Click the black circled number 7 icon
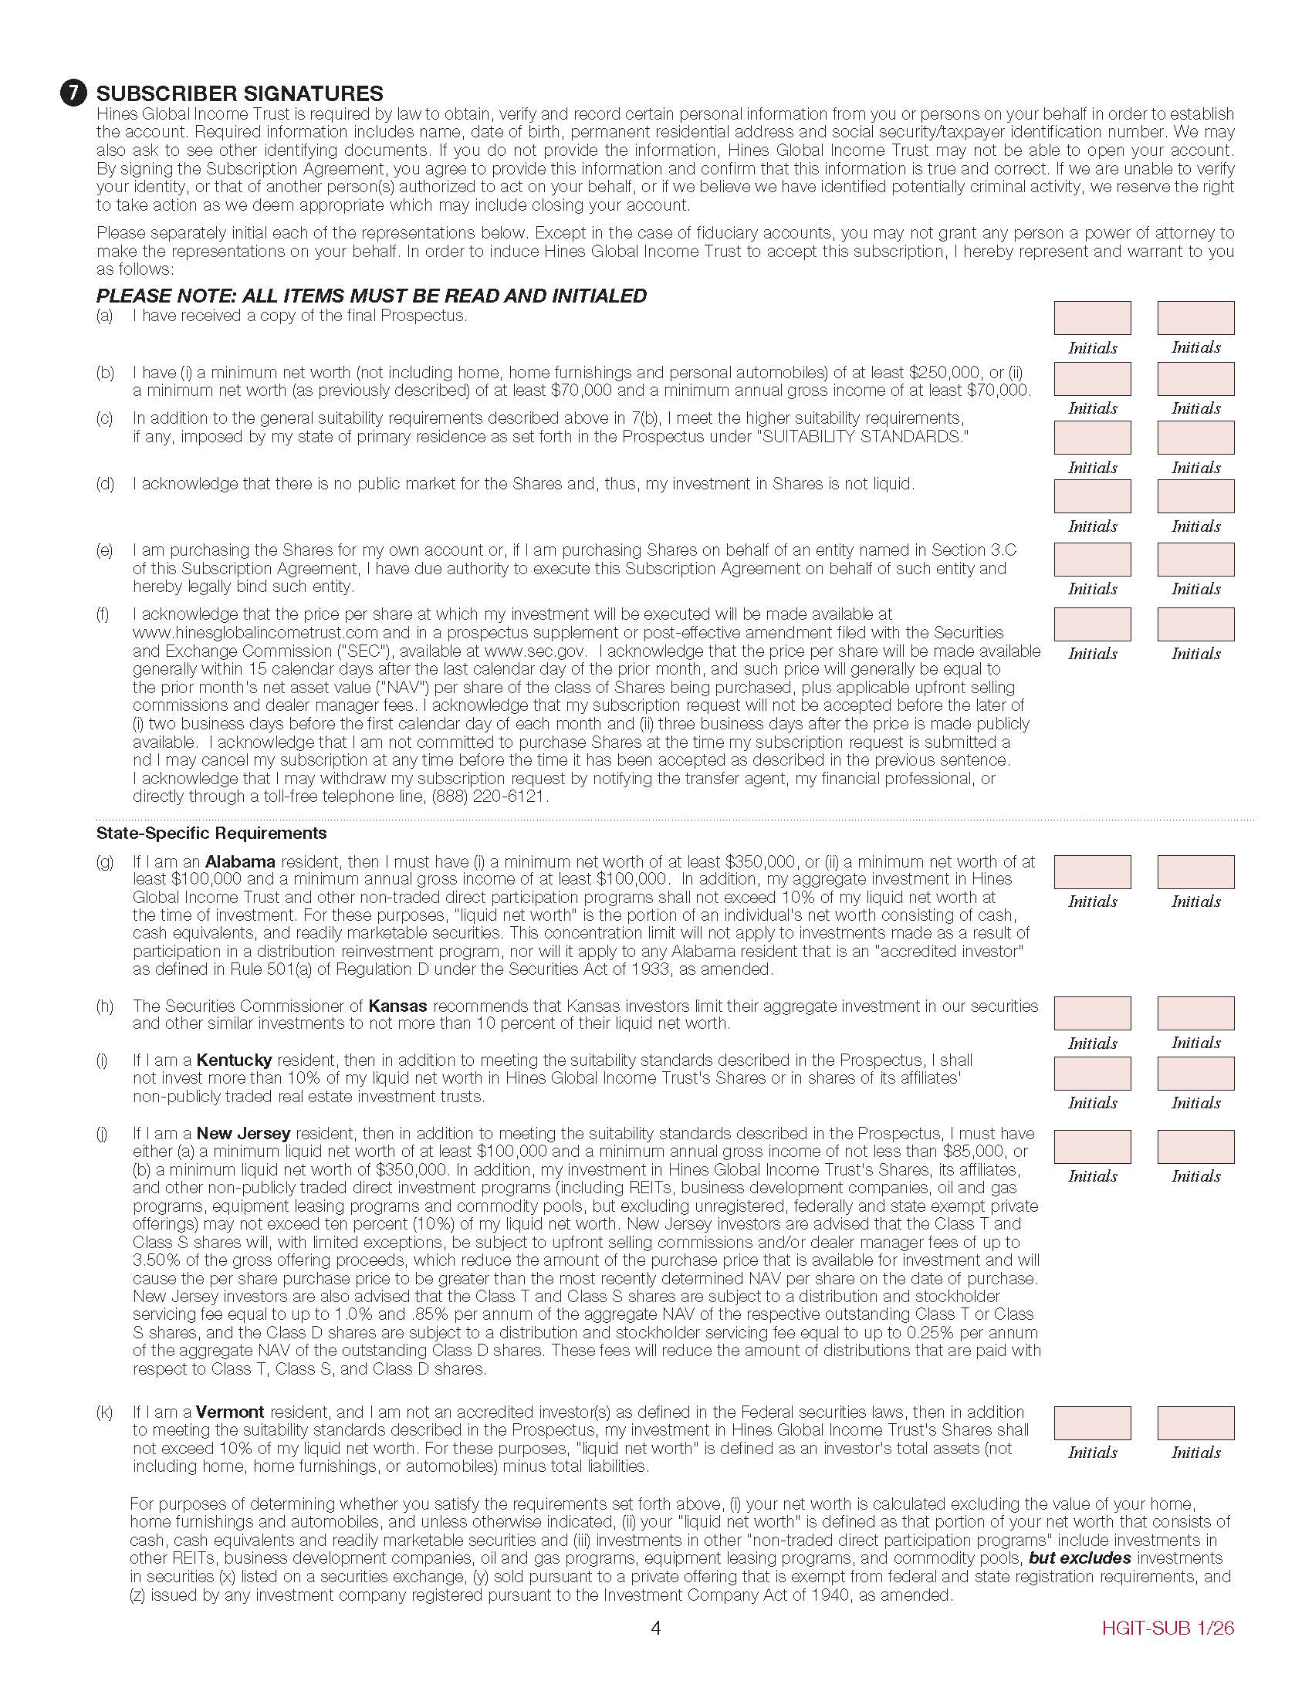(73, 93)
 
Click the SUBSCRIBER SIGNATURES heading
(239, 93)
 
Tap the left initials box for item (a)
(1092, 318)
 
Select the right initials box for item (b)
(1195, 379)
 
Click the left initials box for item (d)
(1092, 496)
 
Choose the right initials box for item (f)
(1195, 624)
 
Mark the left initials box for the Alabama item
(1092, 871)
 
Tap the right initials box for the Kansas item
(1195, 1013)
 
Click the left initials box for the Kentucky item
(1092, 1073)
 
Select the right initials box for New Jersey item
(1195, 1147)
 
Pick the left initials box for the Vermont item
(1092, 1422)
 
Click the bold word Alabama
(240, 861)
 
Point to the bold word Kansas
(398, 1005)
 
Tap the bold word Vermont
(230, 1412)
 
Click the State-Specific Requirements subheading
(211, 834)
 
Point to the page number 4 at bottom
(655, 1628)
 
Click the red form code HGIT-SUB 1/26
(1168, 1628)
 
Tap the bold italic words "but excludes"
(1069, 1558)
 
